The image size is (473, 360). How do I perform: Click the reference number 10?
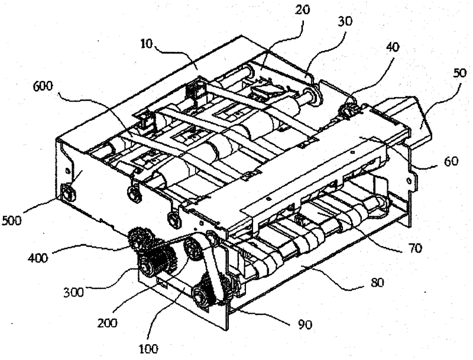coord(147,44)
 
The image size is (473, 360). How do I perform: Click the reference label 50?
coord(459,73)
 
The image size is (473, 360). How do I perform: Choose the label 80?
coord(376,283)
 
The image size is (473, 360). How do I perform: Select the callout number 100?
coord(148,349)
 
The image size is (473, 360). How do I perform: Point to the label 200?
coord(107,323)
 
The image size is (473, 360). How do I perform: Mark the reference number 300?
coord(73,292)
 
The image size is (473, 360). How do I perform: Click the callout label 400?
coord(38,258)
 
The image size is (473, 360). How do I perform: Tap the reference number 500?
coord(12,221)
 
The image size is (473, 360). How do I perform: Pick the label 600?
coord(43,86)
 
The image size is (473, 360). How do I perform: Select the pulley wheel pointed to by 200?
coord(193,248)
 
